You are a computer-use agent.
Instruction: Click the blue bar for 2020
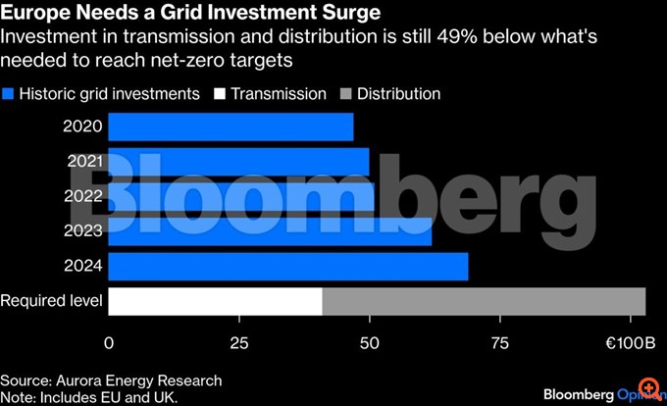[231, 127]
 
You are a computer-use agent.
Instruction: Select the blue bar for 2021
[238, 161]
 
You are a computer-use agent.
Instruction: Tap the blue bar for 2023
[270, 231]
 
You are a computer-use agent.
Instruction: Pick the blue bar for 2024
[287, 267]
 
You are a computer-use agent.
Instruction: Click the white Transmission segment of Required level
[215, 301]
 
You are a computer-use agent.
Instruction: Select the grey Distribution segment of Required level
[484, 301]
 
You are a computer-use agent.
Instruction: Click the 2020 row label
[82, 127]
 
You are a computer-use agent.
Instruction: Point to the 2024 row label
[82, 267]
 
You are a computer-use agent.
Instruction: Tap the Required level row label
[51, 301]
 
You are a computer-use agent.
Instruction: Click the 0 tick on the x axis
[109, 343]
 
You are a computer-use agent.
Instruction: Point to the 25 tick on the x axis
[238, 343]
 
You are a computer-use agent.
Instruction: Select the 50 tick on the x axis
[369, 343]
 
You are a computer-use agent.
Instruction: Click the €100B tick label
[623, 343]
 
